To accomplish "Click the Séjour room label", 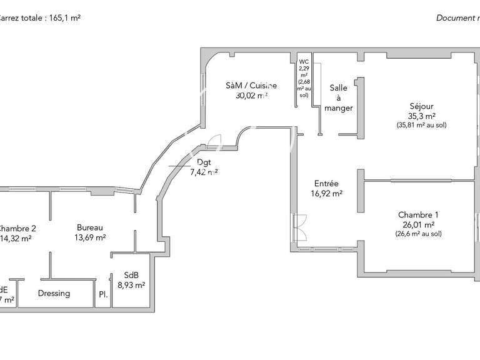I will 421,106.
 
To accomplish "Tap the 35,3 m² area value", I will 421,116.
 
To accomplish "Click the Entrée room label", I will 326,184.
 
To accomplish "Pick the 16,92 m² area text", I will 326,194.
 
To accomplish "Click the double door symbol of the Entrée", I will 299,226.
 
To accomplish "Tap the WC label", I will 304,61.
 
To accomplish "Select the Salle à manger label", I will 339,98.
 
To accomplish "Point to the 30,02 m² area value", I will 247,96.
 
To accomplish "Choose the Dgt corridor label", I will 204,162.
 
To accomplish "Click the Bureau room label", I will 90,227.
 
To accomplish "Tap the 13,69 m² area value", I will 90,237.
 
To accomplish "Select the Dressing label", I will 54,293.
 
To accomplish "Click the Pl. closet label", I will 103,294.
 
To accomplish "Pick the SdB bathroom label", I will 131,275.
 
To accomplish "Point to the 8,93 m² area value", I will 131,285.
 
